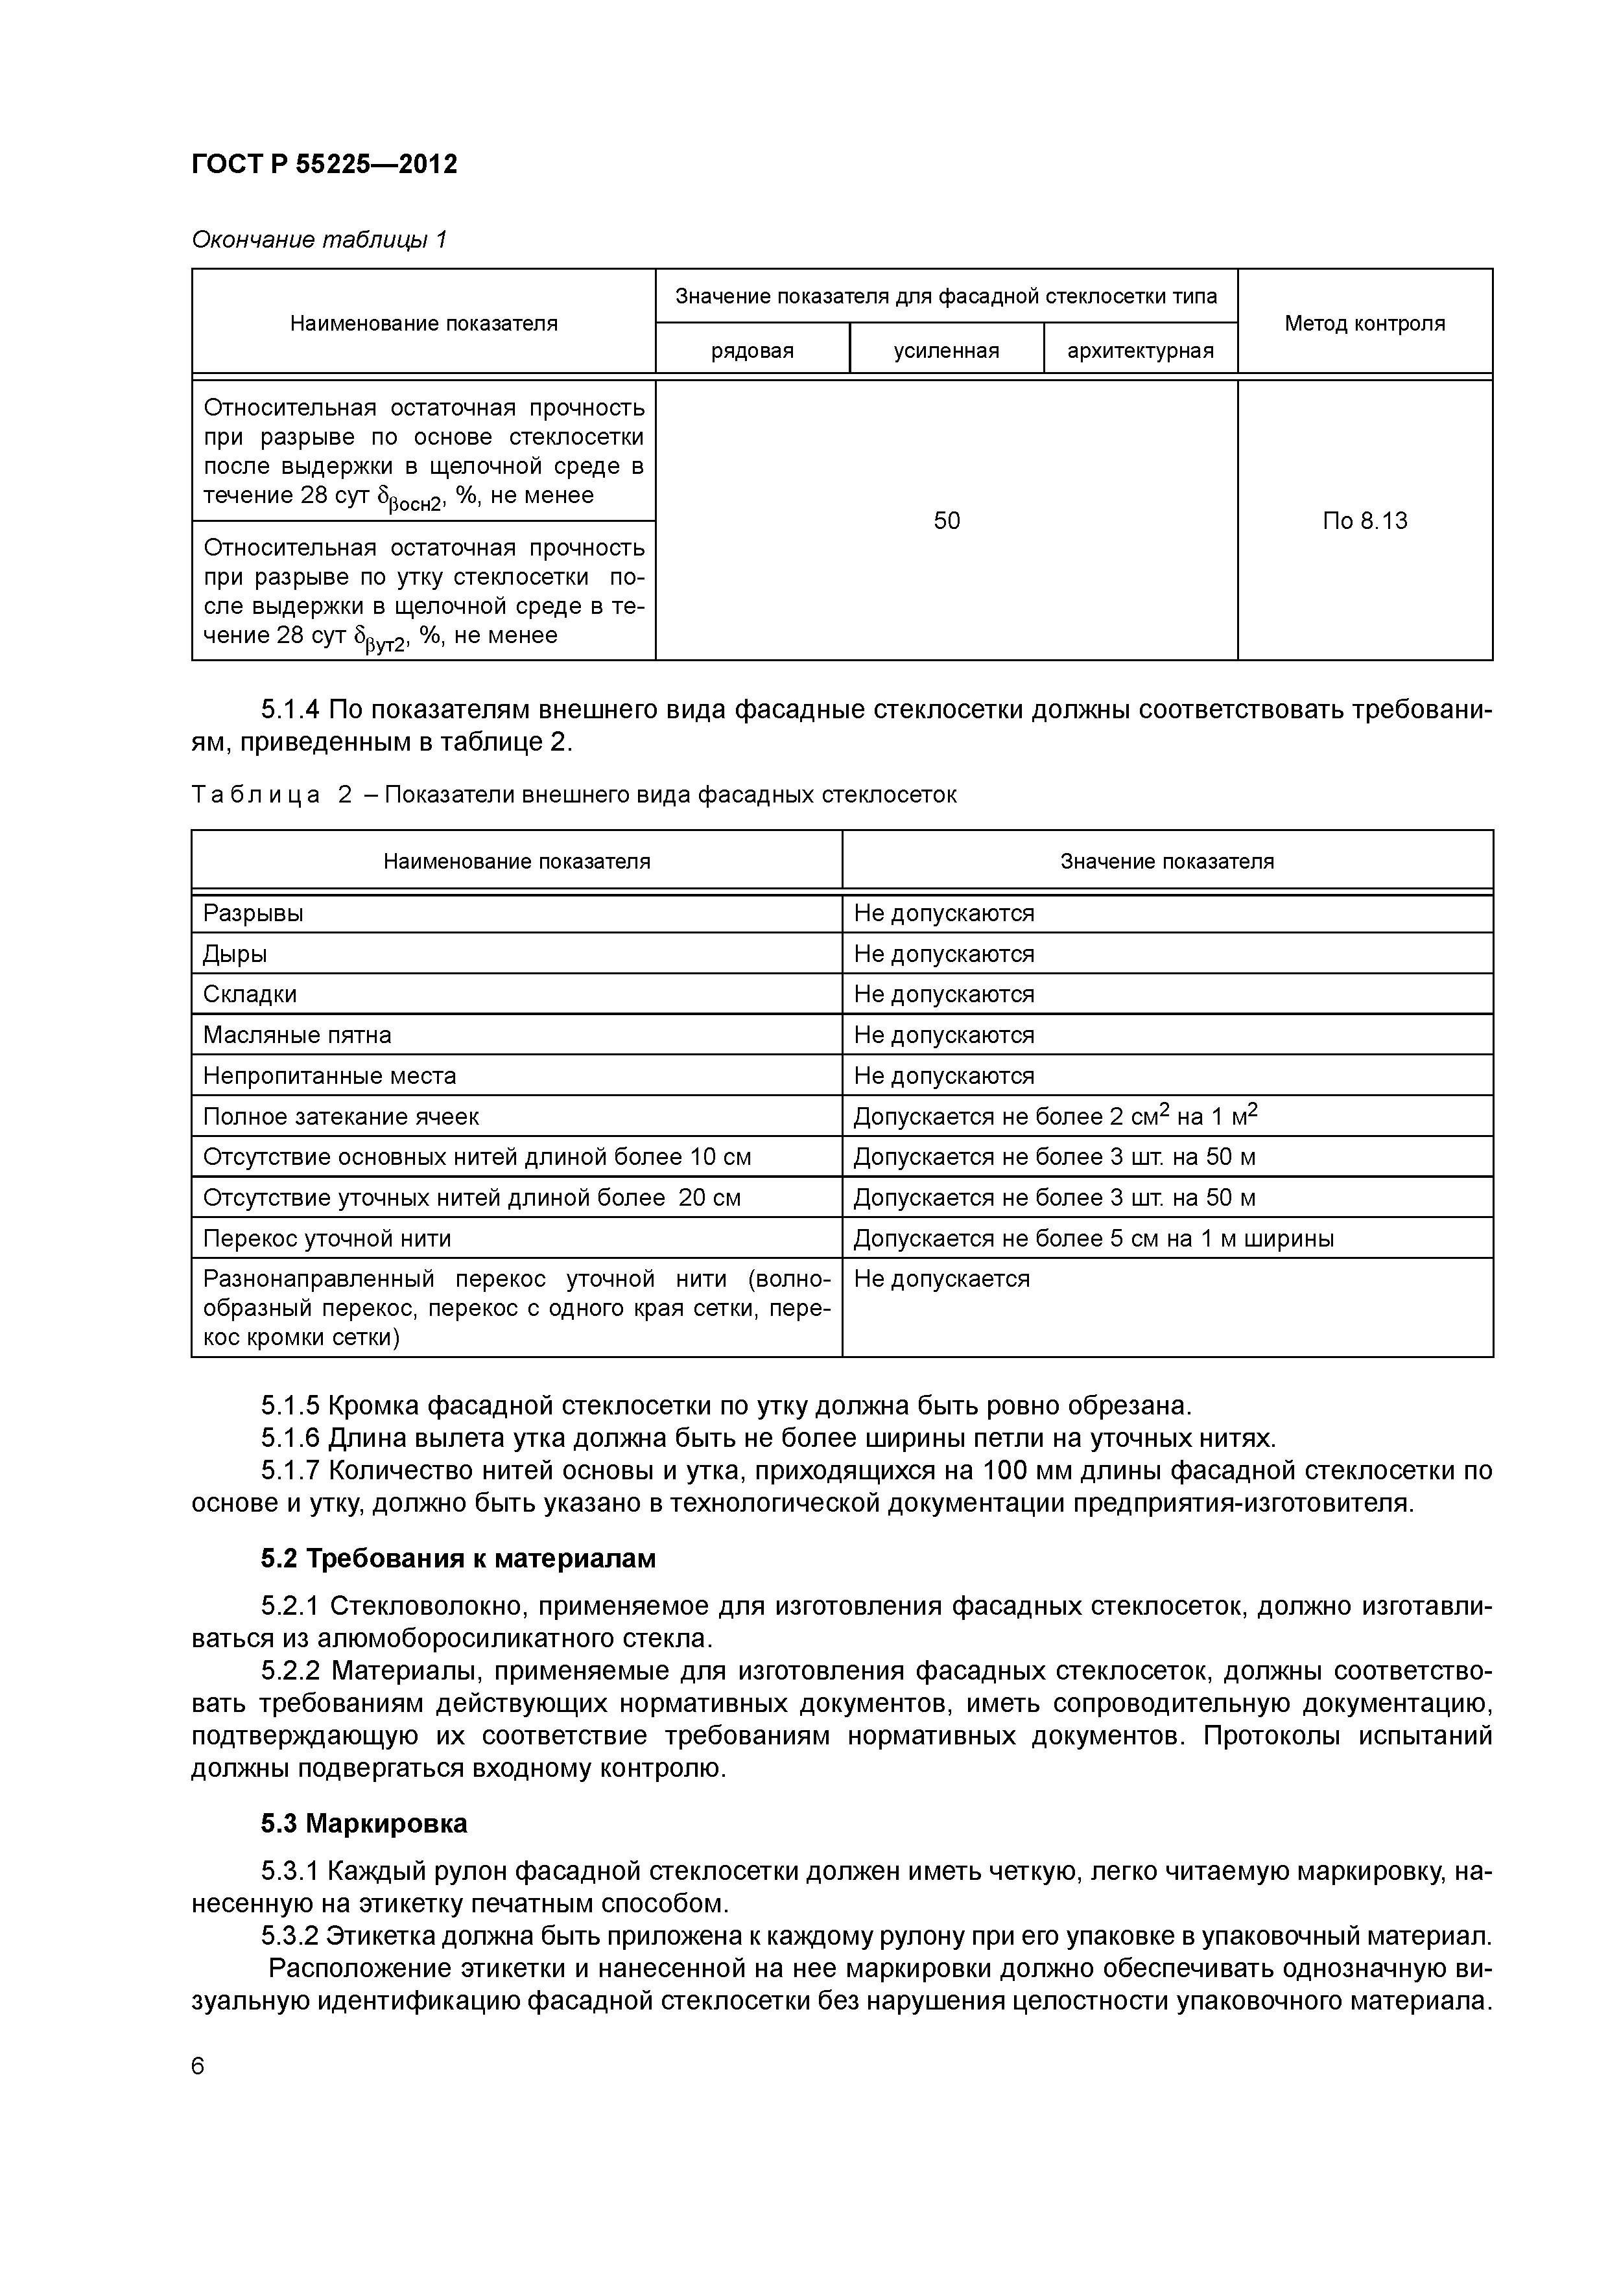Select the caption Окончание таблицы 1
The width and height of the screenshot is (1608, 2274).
[x=319, y=240]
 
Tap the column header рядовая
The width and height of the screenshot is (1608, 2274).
[x=752, y=351]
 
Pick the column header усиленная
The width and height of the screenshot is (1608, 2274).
[x=946, y=351]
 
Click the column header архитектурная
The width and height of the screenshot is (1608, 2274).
[x=1141, y=351]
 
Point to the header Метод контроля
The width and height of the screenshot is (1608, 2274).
[x=1364, y=323]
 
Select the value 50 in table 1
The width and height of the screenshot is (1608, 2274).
[x=946, y=521]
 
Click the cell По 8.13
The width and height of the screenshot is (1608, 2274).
[x=1364, y=521]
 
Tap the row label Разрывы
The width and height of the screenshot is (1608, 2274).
[x=254, y=913]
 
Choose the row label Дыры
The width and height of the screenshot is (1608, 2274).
[x=235, y=954]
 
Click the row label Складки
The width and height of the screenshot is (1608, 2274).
[x=250, y=994]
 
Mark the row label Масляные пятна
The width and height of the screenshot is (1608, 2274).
[x=297, y=1035]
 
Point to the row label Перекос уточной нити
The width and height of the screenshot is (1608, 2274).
[x=327, y=1238]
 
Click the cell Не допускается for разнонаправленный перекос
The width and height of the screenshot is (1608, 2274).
[x=941, y=1278]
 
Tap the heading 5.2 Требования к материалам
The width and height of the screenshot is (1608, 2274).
[x=458, y=1559]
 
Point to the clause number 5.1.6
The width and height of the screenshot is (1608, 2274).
[x=291, y=1438]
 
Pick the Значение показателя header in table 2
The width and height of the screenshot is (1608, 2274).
[x=1167, y=861]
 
